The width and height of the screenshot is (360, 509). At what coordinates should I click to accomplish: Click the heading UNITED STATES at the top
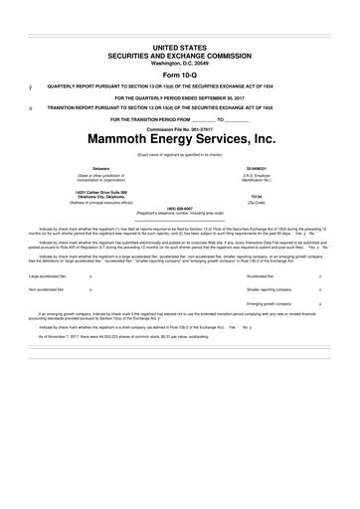click(x=181, y=47)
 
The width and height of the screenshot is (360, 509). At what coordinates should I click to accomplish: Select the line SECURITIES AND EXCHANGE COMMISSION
click(x=181, y=55)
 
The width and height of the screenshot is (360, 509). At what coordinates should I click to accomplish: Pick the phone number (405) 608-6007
click(x=181, y=208)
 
